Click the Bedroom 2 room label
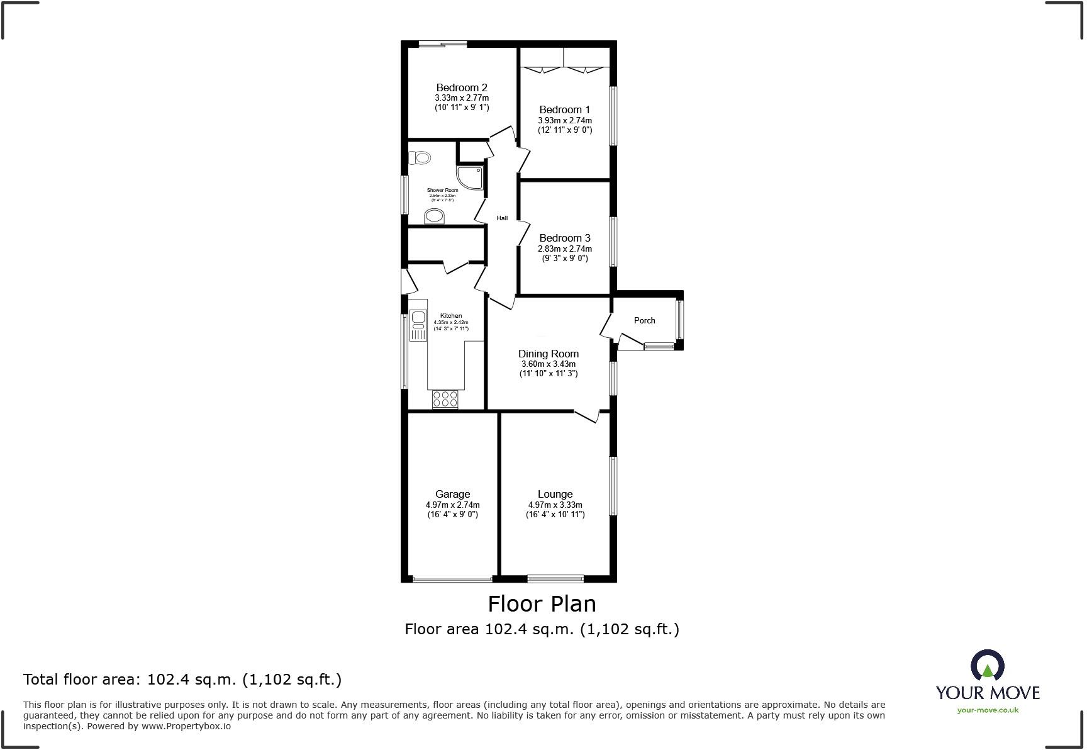462,87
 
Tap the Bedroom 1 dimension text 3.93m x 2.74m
564,120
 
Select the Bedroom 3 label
564,238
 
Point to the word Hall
502,218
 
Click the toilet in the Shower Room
421,158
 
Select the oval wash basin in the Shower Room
435,216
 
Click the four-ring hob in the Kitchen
445,399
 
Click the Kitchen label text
450,316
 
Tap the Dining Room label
548,354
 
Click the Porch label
644,320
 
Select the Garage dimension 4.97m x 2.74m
452,505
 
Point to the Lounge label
555,494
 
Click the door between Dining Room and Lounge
586,416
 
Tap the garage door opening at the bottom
452,579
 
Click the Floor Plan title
542,604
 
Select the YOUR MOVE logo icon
987,666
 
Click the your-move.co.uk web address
987,710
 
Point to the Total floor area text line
182,680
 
